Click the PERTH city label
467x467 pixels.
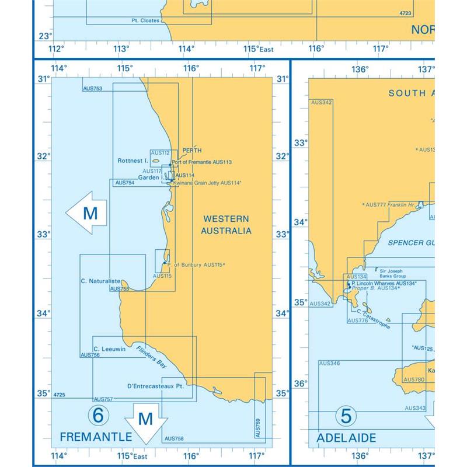point(191,150)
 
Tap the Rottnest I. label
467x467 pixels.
point(133,161)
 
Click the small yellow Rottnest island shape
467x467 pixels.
point(156,161)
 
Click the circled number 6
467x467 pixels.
point(98,416)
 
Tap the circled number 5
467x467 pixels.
point(346,416)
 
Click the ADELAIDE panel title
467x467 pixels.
point(346,437)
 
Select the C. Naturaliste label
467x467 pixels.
point(100,281)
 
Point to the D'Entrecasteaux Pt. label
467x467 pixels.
point(155,386)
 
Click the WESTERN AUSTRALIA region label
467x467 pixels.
point(226,224)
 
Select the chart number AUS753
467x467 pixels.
point(93,88)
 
